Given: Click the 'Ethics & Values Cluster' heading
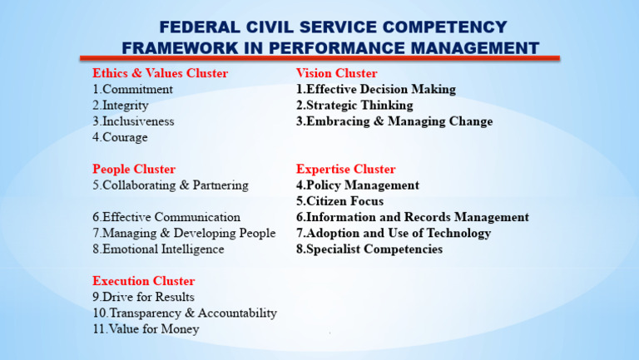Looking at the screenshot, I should (160, 73).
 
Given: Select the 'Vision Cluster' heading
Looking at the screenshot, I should (336, 73).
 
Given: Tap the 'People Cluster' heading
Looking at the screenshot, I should (133, 169).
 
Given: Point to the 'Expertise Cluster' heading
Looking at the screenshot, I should (345, 169).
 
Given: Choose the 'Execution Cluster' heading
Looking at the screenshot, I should (143, 281).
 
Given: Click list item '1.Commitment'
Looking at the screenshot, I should (132, 89).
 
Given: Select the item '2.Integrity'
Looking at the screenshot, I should (121, 106).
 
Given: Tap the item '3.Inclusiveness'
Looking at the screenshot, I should (133, 121).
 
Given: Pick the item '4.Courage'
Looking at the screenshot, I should (120, 137).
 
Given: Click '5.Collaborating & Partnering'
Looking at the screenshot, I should (170, 185).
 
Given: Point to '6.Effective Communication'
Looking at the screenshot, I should (166, 217).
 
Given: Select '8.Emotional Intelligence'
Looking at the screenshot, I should (158, 249).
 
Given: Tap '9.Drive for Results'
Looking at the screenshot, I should (143, 297).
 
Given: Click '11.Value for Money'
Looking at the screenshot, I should (146, 328).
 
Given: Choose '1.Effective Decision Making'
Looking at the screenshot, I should (375, 89).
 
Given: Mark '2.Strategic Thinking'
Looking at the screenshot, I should (354, 106).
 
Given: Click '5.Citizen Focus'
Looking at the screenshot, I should (339, 201).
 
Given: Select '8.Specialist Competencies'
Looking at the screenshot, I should (369, 249).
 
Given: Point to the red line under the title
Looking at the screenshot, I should (319, 59).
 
